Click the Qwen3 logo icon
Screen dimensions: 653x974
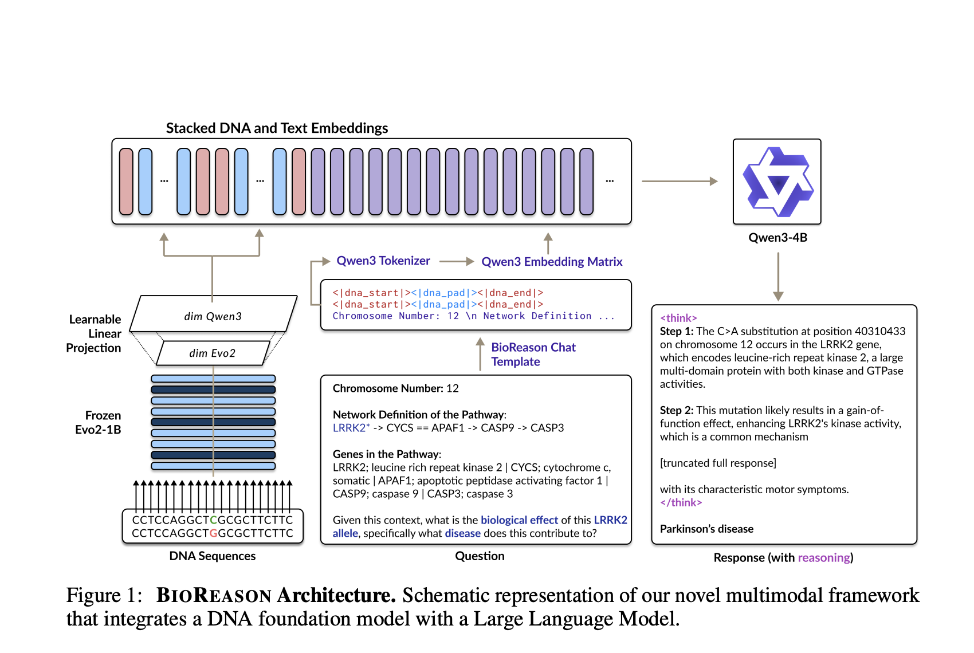coord(777,182)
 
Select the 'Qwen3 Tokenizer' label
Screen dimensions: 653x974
coord(383,261)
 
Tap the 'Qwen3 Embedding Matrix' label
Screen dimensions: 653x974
coord(551,262)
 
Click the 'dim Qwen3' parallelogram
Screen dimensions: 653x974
coord(213,316)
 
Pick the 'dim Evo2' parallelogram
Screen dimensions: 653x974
coord(212,353)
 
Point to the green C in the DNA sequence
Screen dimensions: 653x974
coord(214,520)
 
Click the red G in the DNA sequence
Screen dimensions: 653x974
coord(214,533)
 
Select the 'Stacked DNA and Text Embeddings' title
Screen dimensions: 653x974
coord(277,128)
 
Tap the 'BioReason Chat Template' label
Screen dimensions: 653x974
coord(533,354)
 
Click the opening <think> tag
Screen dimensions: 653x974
coord(678,318)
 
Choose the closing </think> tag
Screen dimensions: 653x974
coord(681,502)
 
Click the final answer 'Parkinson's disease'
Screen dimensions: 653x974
coord(706,529)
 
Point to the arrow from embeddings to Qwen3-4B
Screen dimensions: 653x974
coord(680,181)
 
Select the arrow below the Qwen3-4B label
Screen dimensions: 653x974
coord(777,276)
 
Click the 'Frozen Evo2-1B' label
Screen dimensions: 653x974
coord(98,423)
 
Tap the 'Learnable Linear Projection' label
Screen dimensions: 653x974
coord(95,333)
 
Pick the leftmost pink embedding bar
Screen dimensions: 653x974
coord(126,182)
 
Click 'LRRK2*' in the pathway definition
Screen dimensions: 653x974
coord(351,428)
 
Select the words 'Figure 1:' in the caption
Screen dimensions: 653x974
coord(104,595)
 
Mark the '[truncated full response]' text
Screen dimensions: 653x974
coord(718,463)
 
